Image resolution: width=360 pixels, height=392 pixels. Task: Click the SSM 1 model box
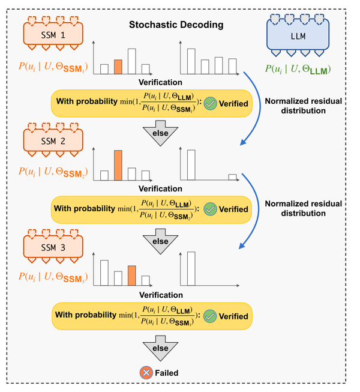click(53, 34)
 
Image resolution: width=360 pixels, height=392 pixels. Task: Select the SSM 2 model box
click(53, 140)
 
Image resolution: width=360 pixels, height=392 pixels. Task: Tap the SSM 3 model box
click(53, 247)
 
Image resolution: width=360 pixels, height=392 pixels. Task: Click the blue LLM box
click(298, 35)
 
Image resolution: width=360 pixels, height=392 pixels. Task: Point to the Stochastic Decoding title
click(176, 25)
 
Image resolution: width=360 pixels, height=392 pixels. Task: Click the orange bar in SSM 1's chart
click(118, 67)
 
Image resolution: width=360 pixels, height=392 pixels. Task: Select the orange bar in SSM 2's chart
click(118, 165)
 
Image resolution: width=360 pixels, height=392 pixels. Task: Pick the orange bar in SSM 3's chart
click(132, 276)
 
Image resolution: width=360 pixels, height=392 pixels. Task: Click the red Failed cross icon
click(146, 373)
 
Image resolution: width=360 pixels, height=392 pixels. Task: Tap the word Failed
click(167, 373)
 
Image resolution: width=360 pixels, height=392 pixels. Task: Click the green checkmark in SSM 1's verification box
click(210, 104)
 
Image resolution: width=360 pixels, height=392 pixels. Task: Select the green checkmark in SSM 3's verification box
click(210, 316)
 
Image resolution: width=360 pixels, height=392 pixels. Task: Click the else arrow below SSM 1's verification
click(160, 133)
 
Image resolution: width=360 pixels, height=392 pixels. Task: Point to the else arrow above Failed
click(160, 348)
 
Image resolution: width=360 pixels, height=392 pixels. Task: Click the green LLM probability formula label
click(298, 69)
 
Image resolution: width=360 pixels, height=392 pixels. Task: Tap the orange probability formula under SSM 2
click(53, 172)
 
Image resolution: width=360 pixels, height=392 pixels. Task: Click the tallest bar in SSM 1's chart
click(132, 61)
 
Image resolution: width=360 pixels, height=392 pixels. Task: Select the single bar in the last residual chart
click(191, 268)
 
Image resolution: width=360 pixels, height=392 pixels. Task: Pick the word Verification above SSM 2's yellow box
click(160, 188)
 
